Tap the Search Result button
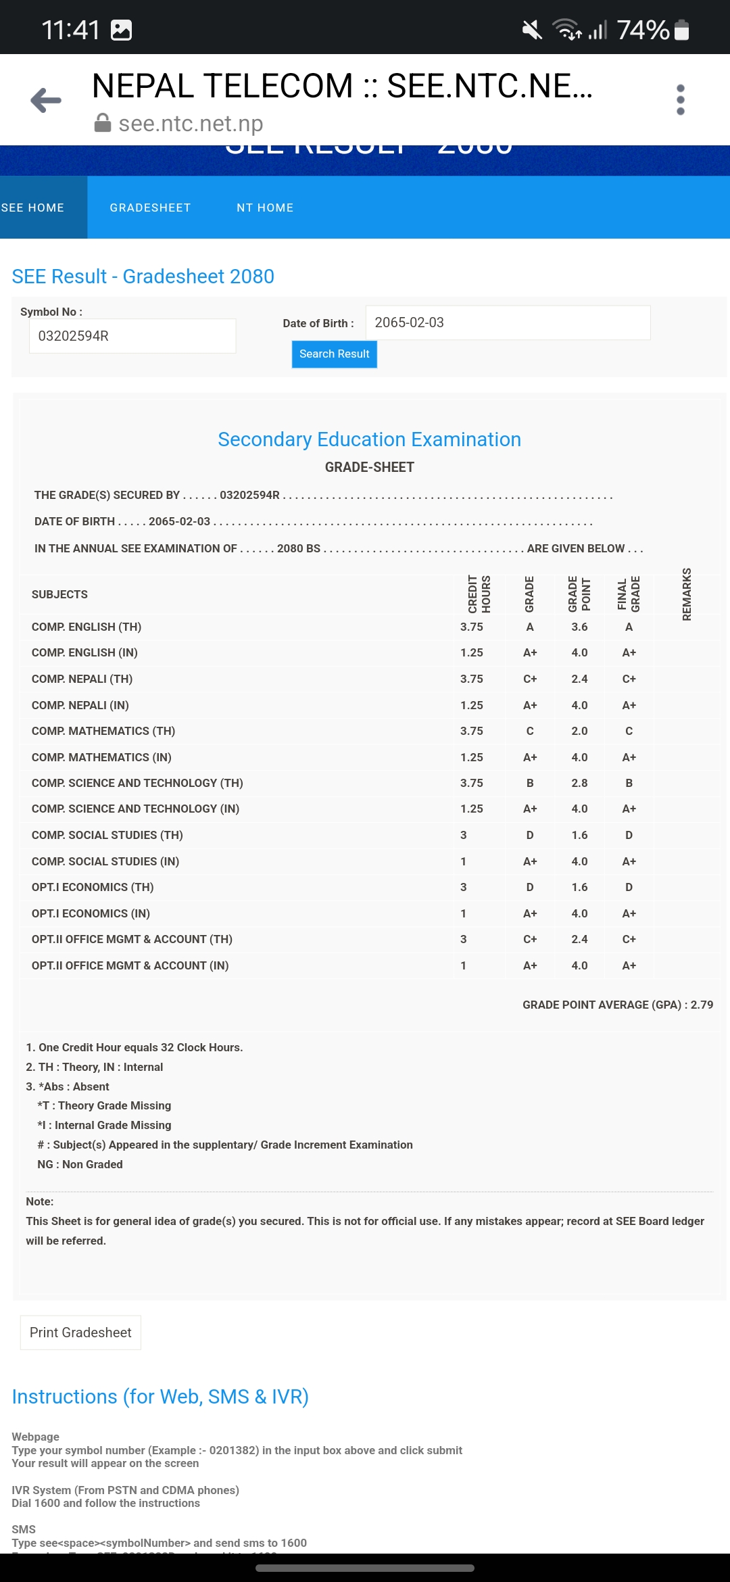pos(334,354)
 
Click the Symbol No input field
pos(132,336)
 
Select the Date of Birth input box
pos(508,322)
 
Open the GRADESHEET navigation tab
pos(150,208)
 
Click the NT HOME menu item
pos(265,208)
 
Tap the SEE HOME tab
pos(34,208)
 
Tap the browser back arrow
pos(46,100)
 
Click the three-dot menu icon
pos(680,100)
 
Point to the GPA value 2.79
pos(702,1005)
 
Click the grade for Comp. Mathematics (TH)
pos(530,731)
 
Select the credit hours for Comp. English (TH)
pos(472,627)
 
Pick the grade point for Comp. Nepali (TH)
pos(579,679)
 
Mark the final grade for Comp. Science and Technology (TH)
pos(629,783)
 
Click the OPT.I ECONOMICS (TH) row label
pos(93,887)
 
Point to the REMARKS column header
pos(687,594)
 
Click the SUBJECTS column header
pos(59,594)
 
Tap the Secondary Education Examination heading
pos(369,439)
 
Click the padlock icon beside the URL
pos(103,123)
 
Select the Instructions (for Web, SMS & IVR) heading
pos(160,1397)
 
